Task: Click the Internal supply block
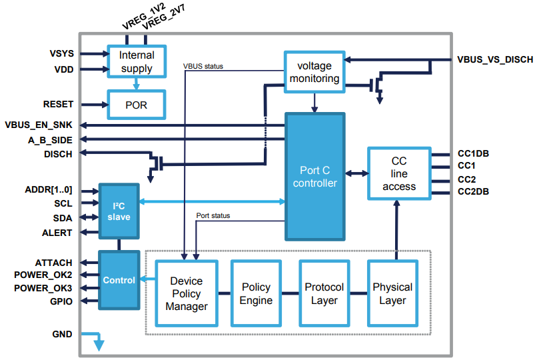tap(136, 62)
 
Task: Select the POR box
tap(136, 105)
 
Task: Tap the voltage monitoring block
tap(314, 72)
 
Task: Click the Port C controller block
tap(315, 177)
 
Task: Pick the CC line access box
tap(398, 174)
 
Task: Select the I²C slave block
tap(119, 211)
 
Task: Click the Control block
tap(119, 281)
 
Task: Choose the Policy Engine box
tap(256, 294)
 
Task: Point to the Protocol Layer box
tap(324, 294)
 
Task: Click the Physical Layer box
tap(392, 294)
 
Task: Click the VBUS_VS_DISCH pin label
tap(494, 60)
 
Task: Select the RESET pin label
tap(58, 105)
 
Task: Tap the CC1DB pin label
tap(474, 153)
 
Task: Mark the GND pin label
tap(63, 334)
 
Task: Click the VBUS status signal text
tap(203, 66)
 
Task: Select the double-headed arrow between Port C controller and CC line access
tap(356, 174)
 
